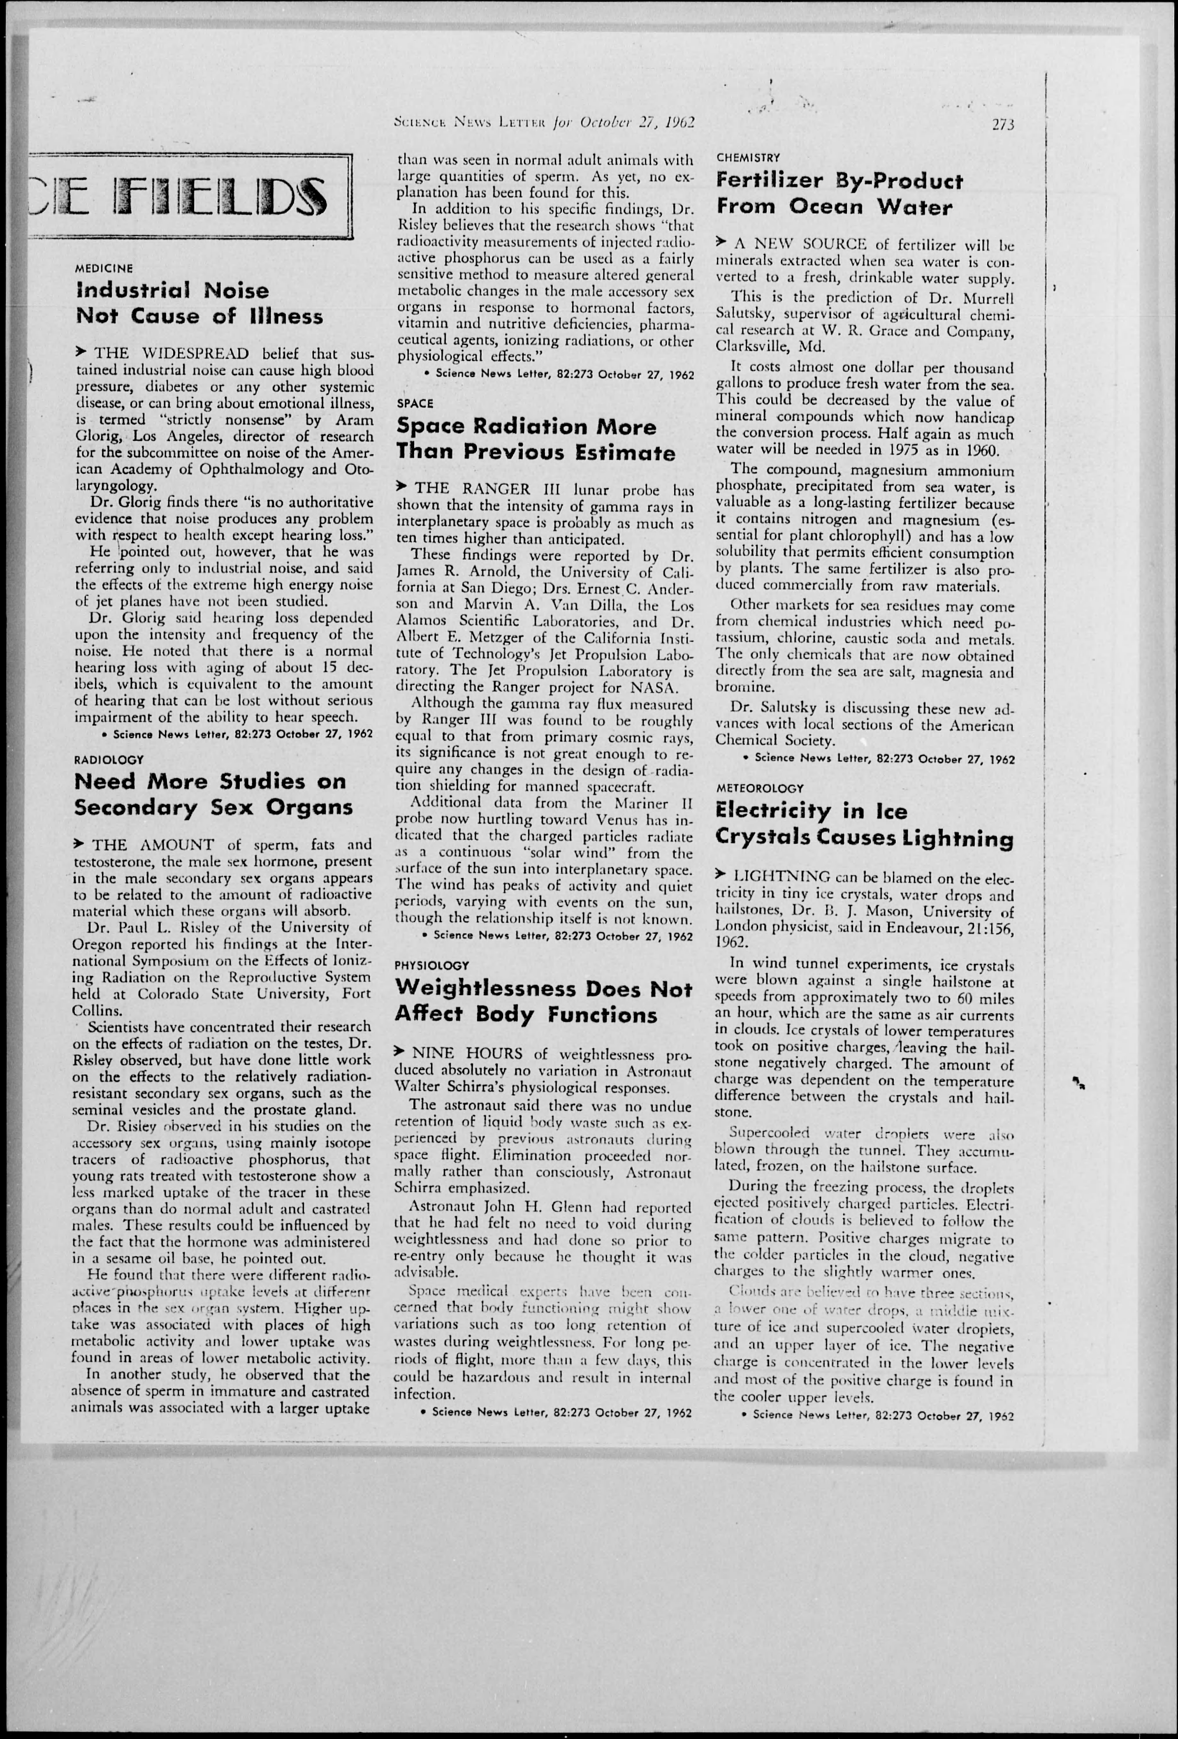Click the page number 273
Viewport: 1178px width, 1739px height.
(x=1002, y=125)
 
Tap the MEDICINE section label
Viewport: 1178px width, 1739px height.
(x=105, y=268)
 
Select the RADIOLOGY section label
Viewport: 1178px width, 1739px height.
(x=109, y=760)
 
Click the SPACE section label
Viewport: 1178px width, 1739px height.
(x=415, y=403)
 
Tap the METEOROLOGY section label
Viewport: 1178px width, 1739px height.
(x=760, y=788)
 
